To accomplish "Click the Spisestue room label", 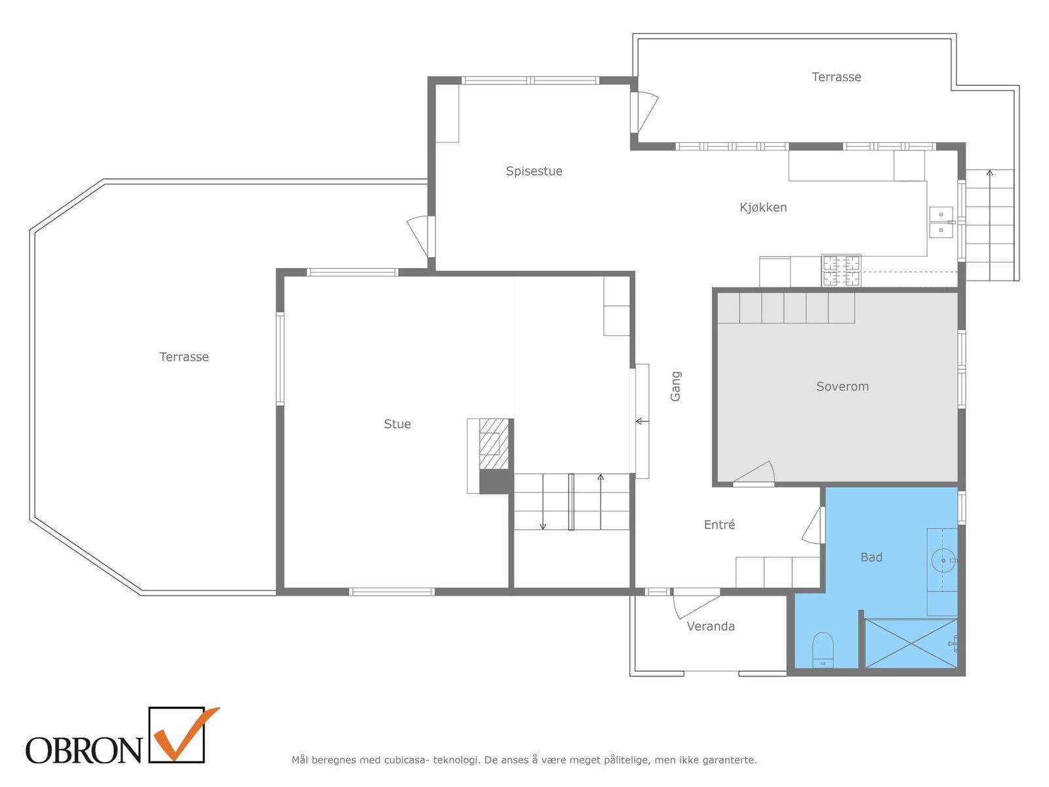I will [x=534, y=171].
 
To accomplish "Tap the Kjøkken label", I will [x=762, y=207].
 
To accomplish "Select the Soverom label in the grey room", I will [x=842, y=386].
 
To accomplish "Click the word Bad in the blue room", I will [x=871, y=557].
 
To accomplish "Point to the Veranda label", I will [x=710, y=626].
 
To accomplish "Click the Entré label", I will [x=719, y=524].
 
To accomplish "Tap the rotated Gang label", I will [x=675, y=386].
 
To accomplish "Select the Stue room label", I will [x=397, y=424].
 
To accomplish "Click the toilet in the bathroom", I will [x=822, y=649].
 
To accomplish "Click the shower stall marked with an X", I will [x=911, y=643].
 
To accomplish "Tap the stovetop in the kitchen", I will [x=841, y=271].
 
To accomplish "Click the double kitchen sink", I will [x=940, y=222].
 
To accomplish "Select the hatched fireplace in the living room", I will [x=494, y=444].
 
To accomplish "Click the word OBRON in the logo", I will [x=83, y=750].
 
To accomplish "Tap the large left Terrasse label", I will [x=184, y=357].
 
